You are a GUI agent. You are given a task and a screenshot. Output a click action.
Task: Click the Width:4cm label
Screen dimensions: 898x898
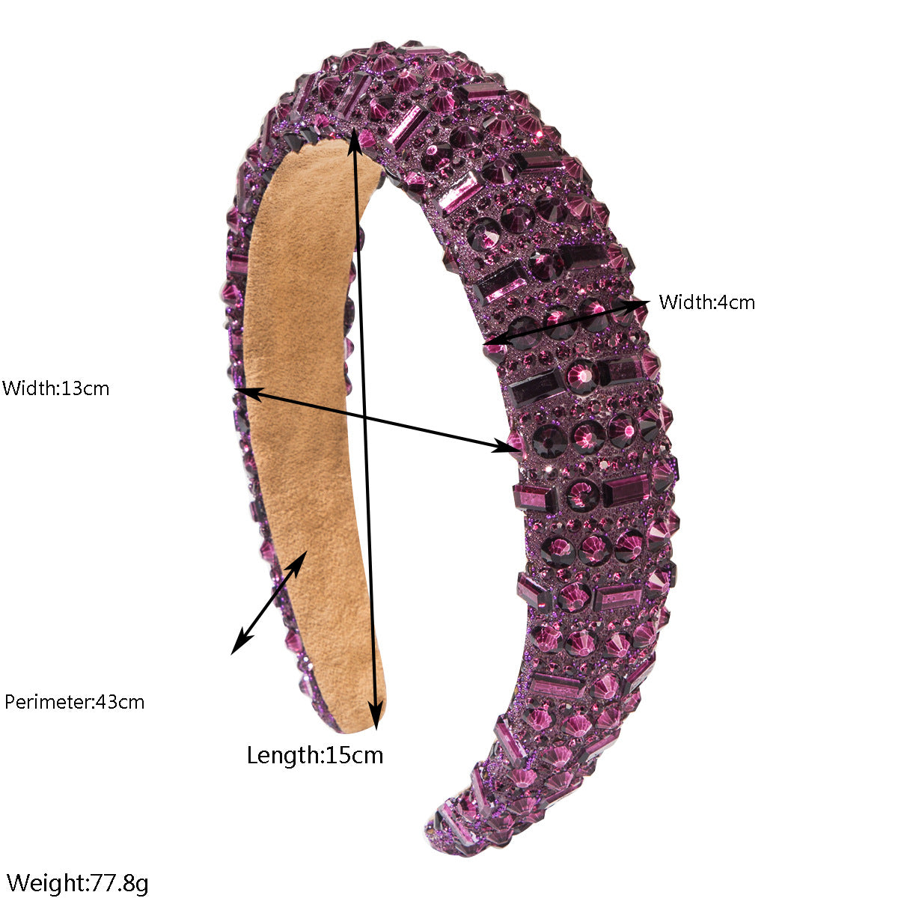[x=706, y=302]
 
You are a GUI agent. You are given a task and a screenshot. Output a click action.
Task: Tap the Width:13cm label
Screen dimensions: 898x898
[x=55, y=388]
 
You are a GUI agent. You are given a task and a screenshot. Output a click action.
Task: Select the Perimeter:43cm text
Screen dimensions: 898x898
[x=75, y=702]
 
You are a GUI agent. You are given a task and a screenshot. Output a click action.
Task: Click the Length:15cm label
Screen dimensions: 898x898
[x=315, y=755]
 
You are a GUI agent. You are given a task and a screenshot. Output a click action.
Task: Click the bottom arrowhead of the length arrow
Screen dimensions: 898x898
[x=376, y=715]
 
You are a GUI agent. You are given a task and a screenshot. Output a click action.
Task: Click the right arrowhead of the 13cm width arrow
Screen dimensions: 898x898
[x=506, y=447]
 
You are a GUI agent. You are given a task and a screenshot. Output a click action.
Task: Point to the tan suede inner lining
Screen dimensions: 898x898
[x=308, y=419]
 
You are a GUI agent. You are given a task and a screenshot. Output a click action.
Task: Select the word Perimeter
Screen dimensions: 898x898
[x=47, y=702]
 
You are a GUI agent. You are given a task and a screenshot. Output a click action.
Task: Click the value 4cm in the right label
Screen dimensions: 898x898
[x=736, y=302]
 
